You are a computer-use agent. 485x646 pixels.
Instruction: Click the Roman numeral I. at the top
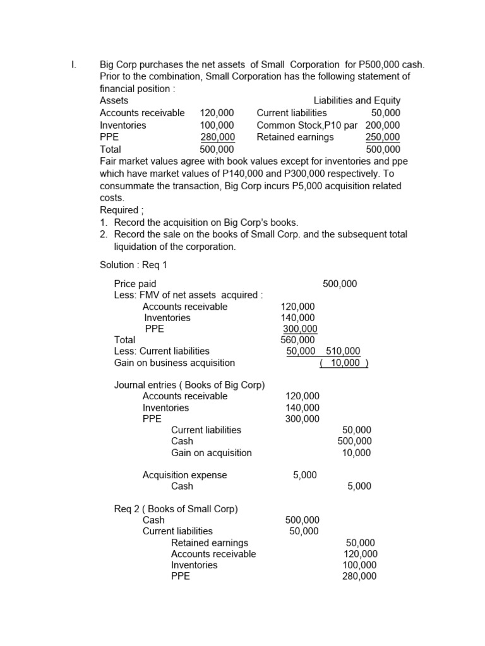(73, 65)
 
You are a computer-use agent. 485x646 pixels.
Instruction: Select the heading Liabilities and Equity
(357, 100)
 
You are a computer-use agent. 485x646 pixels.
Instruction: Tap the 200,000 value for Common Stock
(383, 125)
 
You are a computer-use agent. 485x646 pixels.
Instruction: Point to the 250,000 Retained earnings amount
(383, 137)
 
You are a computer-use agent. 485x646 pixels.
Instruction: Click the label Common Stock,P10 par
(309, 125)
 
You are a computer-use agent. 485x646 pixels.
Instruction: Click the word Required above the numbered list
(119, 209)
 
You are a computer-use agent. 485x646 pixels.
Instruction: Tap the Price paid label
(135, 284)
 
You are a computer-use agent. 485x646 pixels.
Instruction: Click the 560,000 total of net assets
(297, 340)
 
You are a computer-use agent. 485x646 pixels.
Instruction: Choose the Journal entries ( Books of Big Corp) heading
(189, 385)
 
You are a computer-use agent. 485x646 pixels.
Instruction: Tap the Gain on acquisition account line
(211, 452)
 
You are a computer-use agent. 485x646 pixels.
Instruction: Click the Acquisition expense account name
(184, 475)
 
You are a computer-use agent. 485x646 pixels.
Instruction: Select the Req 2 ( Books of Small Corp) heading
(176, 508)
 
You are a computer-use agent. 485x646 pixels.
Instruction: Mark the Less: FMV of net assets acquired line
(188, 295)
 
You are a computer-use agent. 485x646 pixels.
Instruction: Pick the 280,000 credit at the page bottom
(359, 576)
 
